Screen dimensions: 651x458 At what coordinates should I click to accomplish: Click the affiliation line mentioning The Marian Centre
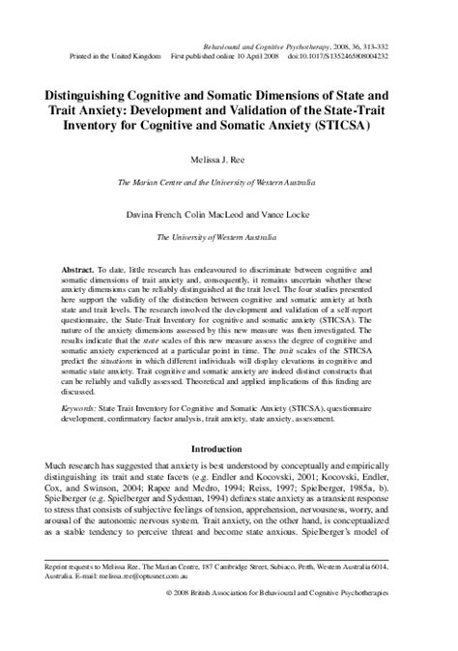[x=229, y=182]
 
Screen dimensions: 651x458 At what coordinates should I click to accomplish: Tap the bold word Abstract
[x=109, y=264]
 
